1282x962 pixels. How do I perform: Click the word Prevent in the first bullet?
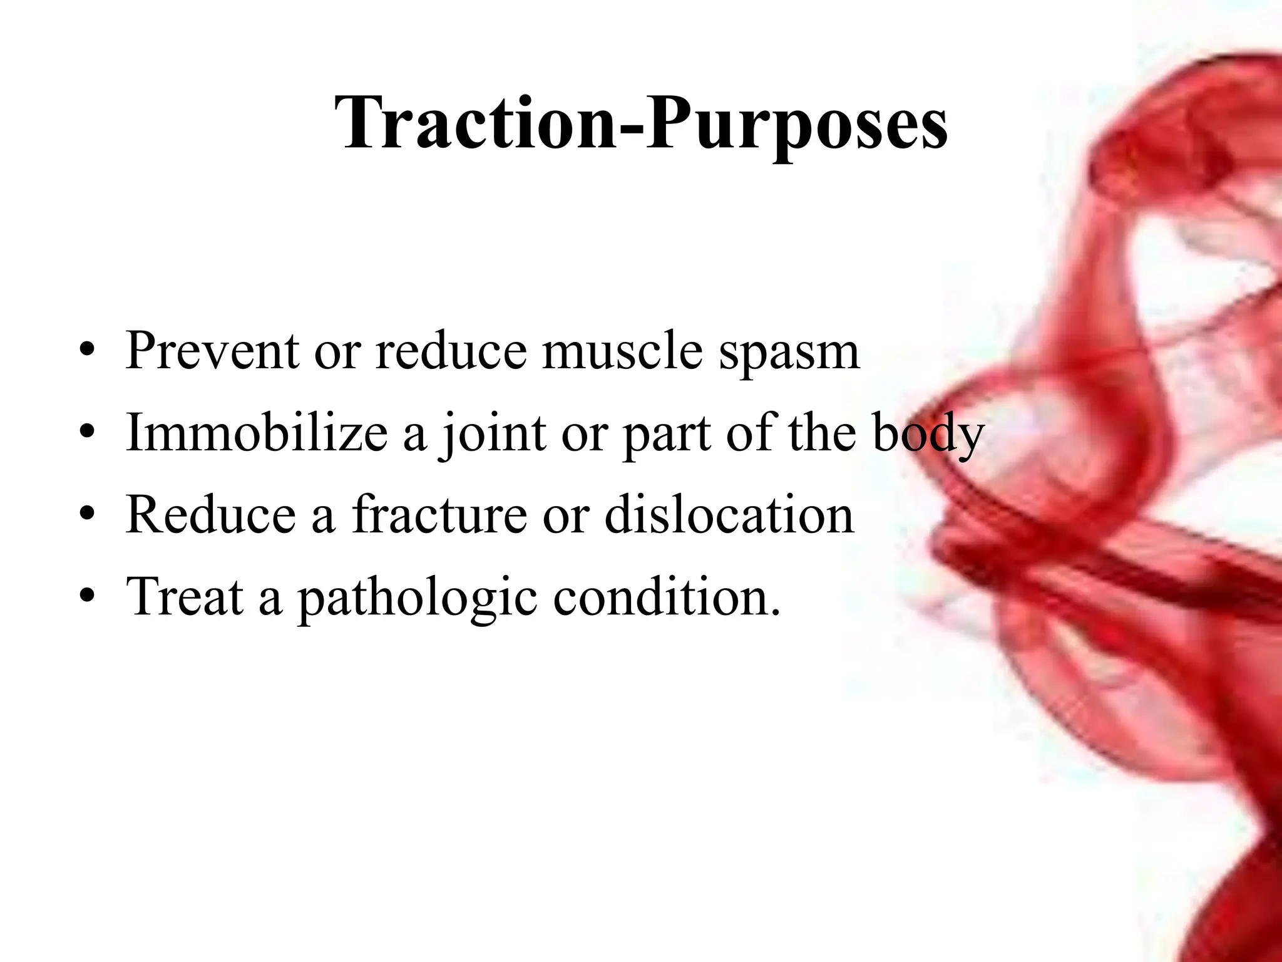point(212,351)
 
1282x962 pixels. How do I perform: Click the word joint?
point(492,433)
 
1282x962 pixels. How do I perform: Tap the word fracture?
point(439,514)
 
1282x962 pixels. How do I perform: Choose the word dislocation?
point(729,514)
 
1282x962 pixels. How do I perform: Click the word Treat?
point(185,596)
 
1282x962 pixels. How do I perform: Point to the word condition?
point(667,596)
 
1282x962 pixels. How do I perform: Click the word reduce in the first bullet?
point(451,351)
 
